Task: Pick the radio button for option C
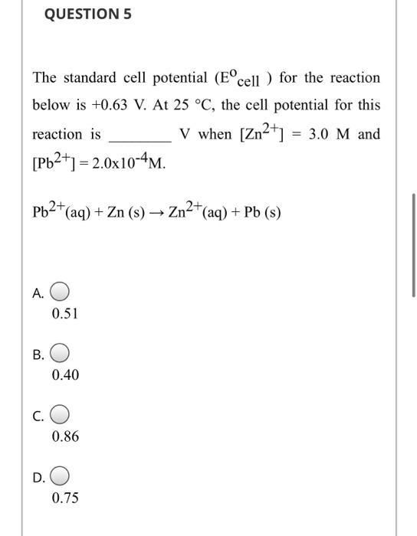[x=61, y=416]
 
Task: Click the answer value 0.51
[x=65, y=313]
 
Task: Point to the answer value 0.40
[x=65, y=375]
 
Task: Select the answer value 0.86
[x=65, y=436]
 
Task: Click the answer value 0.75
[x=65, y=498]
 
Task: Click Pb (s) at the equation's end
[x=263, y=212]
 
